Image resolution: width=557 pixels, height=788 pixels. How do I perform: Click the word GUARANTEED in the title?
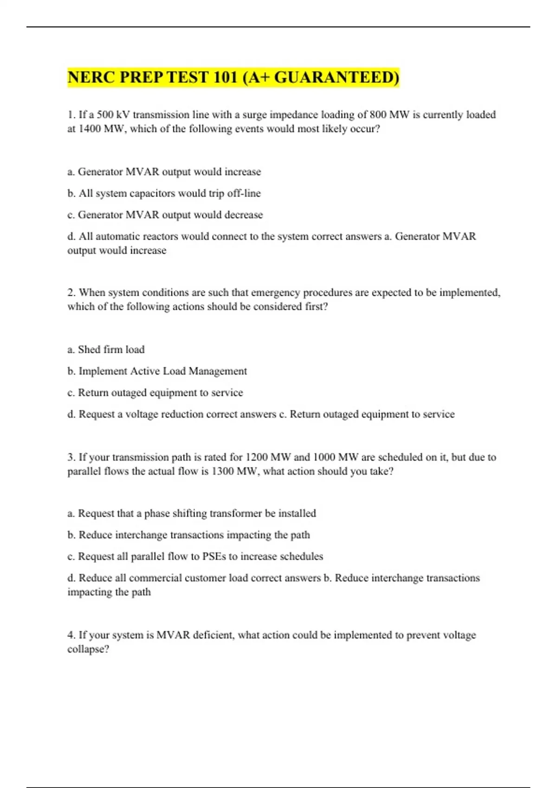pos(337,77)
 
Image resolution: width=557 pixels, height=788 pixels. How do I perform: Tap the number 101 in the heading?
pos(226,77)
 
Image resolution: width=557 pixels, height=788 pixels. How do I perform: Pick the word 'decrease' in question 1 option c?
pos(244,215)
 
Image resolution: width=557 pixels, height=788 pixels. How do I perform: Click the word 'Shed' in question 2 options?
pos(89,350)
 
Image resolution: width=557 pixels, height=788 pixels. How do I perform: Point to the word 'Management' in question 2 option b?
pos(218,371)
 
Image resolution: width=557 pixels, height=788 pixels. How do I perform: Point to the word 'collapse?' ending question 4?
pos(88,649)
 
